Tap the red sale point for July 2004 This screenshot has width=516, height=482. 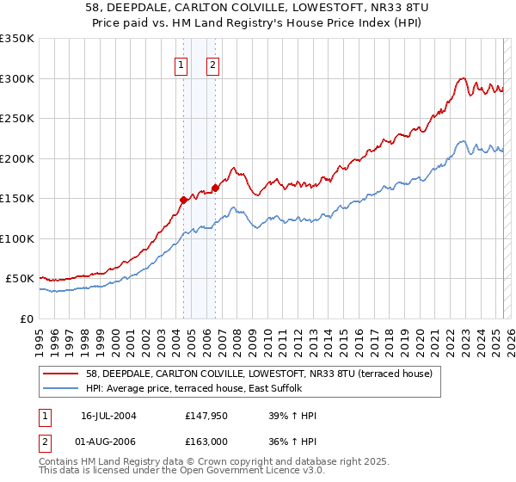(x=183, y=200)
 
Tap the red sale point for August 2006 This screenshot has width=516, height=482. (x=215, y=188)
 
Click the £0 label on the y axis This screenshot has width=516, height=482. (x=26, y=318)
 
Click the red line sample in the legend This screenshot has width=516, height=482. (x=61, y=373)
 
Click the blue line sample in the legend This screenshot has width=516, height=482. (x=61, y=388)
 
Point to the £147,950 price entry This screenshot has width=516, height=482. (x=206, y=416)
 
